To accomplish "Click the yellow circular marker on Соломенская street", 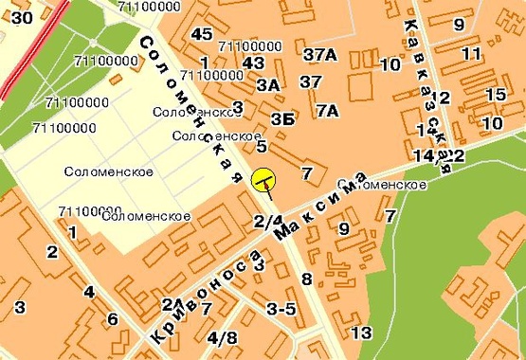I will pyautogui.click(x=263, y=179).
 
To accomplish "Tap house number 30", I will pyautogui.click(x=22, y=16).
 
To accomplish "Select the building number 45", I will pyautogui.click(x=200, y=34).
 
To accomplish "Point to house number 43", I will pyautogui.click(x=252, y=63).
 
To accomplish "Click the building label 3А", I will pyautogui.click(x=268, y=85).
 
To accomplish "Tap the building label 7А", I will pyautogui.click(x=327, y=111).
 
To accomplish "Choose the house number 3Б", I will pyautogui.click(x=281, y=119).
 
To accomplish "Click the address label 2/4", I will pyautogui.click(x=268, y=222).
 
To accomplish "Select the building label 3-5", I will pyautogui.click(x=281, y=309).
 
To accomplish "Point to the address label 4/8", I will pyautogui.click(x=223, y=338).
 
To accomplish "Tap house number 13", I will pyautogui.click(x=361, y=333).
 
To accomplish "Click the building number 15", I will pyautogui.click(x=495, y=95).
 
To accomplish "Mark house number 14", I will pyautogui.click(x=424, y=154).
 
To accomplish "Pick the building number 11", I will pyautogui.click(x=471, y=54).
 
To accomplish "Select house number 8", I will pyautogui.click(x=305, y=279).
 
